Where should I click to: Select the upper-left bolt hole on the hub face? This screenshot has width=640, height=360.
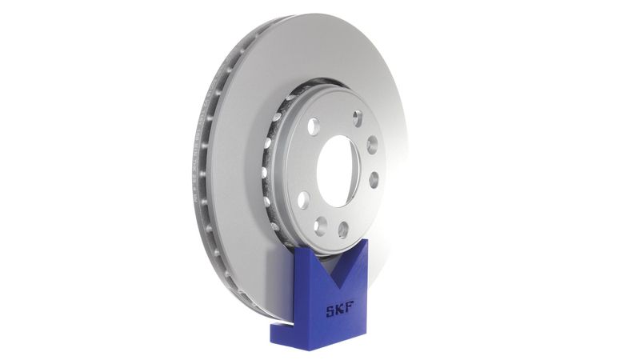(x=314, y=126)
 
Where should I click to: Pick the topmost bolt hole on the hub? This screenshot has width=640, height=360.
(x=357, y=118)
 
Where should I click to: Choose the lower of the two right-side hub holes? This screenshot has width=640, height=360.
(x=373, y=178)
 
